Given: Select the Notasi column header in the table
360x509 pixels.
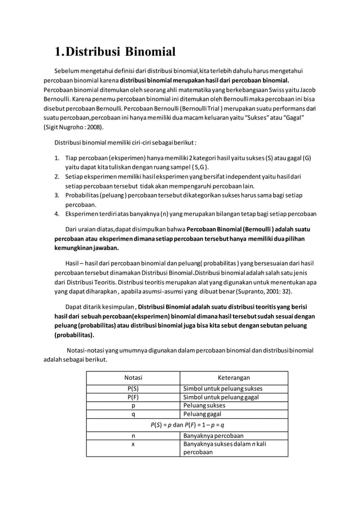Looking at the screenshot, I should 133,378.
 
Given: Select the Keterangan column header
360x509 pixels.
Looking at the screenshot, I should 234,378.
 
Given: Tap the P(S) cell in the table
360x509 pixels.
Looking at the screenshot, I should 133,388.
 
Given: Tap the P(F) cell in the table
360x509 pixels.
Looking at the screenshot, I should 133,397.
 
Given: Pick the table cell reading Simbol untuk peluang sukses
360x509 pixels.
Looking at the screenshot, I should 223,388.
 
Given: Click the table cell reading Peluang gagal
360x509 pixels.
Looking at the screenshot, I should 203,414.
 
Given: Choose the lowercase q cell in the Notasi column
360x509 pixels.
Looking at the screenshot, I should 133,414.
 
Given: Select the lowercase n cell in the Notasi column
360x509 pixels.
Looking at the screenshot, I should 133,435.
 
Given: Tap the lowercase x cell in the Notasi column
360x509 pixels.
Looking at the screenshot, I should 133,444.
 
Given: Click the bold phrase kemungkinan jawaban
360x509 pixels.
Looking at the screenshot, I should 86,248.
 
